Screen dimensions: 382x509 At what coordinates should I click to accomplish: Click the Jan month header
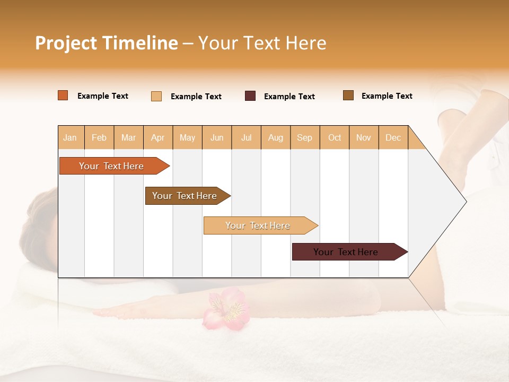(x=71, y=137)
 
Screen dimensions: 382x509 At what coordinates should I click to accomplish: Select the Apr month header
(x=158, y=137)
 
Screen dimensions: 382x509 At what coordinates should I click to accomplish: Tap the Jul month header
(x=246, y=137)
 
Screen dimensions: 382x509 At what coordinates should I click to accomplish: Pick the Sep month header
(x=304, y=137)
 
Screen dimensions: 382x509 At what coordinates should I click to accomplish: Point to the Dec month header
(x=393, y=137)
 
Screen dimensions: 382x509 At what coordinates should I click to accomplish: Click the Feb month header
(x=99, y=137)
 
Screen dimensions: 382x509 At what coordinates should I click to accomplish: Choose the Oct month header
(x=335, y=137)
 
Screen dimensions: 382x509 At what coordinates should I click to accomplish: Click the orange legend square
(x=63, y=95)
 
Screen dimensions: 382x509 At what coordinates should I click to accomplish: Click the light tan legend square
(x=156, y=96)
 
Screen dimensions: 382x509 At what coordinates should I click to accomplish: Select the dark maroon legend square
(x=250, y=96)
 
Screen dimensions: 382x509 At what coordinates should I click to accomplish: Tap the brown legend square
(x=348, y=95)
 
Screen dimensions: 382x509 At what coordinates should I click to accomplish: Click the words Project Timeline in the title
(x=106, y=43)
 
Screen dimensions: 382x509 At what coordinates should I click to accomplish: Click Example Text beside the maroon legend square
(x=289, y=97)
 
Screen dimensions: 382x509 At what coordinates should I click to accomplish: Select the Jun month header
(x=217, y=137)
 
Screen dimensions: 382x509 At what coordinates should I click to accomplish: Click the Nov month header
(x=364, y=137)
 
